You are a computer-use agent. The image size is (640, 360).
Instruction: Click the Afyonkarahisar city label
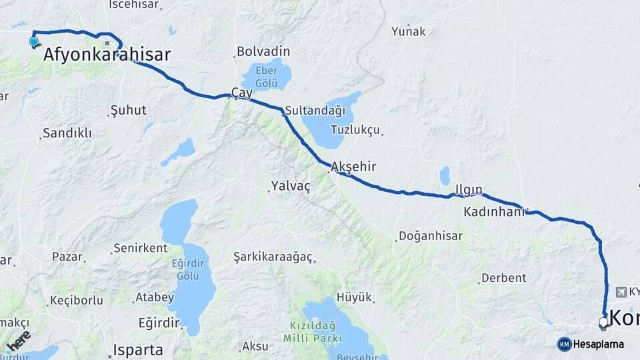coord(107,55)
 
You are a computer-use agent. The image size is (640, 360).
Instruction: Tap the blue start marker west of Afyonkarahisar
coord(34,42)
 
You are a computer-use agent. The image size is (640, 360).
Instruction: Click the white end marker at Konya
coord(603,323)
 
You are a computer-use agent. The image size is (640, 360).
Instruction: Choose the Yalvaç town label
coord(291,186)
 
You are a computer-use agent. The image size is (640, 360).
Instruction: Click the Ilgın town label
coord(469,190)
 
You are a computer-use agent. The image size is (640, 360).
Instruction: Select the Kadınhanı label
coord(495,212)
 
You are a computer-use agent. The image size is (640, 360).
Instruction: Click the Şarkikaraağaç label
coord(273,257)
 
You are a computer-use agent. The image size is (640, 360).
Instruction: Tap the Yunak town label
coord(408,31)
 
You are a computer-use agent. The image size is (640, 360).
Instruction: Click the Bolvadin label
coord(263,51)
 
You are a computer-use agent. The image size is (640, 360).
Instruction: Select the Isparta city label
coord(138,349)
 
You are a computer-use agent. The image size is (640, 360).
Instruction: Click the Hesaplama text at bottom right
coord(599,344)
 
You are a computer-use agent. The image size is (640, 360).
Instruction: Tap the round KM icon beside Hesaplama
coord(564,344)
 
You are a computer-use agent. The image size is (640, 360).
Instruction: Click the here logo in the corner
coord(19,341)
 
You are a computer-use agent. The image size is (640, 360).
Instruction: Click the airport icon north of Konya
coord(622,291)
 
